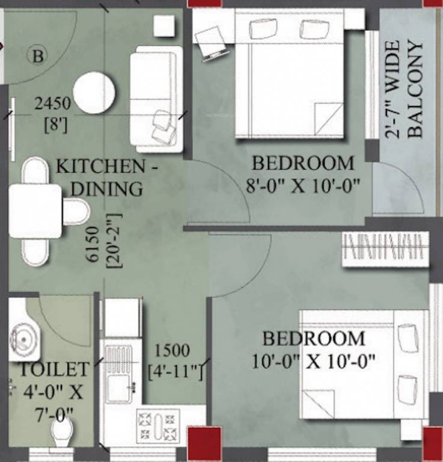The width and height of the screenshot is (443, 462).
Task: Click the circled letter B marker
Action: click(37, 57)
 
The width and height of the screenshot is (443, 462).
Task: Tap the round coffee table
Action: click(94, 92)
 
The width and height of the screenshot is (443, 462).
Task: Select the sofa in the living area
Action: click(155, 99)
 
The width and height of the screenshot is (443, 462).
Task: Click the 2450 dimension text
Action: click(52, 104)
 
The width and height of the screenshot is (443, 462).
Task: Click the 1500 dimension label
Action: click(172, 350)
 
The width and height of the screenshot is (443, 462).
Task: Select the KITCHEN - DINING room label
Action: click(108, 177)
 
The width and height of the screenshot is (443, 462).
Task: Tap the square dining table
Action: click(35, 211)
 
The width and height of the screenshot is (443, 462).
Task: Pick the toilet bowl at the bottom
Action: click(62, 433)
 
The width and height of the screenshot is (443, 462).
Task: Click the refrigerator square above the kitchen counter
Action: click(123, 317)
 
